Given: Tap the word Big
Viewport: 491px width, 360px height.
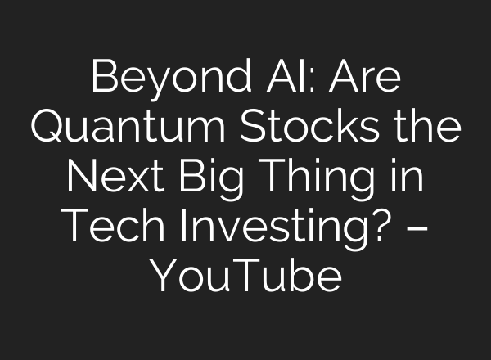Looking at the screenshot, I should point(221,179).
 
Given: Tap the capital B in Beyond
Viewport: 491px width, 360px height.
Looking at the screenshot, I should point(102,79).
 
